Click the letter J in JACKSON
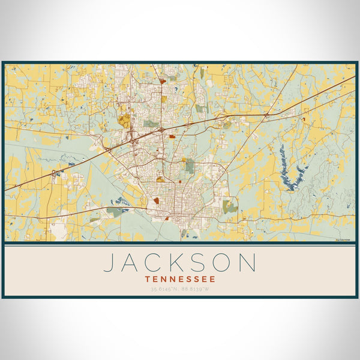tap(110, 263)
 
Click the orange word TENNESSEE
tap(180, 279)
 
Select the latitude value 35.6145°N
tap(164, 289)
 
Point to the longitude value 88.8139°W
tap(196, 289)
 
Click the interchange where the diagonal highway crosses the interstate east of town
tap(266, 113)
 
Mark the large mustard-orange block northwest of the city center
tap(124, 119)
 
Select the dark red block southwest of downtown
tap(157, 200)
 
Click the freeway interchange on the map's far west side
tap(54, 173)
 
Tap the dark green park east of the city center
tap(189, 166)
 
